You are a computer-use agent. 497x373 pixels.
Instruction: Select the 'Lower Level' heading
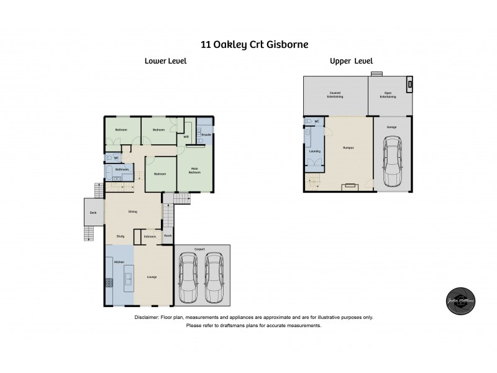click(x=165, y=61)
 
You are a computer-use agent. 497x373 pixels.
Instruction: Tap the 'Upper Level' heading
click(x=351, y=61)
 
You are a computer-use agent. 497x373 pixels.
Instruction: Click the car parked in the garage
click(x=392, y=162)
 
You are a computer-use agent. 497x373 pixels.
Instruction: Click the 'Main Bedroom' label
click(x=194, y=170)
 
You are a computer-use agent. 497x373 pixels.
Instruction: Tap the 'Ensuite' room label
click(x=207, y=134)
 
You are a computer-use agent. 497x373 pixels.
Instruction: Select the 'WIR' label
click(x=186, y=137)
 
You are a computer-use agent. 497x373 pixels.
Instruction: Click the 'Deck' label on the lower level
click(x=94, y=213)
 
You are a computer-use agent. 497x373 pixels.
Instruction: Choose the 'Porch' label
click(x=167, y=236)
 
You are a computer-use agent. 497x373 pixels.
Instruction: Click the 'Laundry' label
click(x=314, y=151)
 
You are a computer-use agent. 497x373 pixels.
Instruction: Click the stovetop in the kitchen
click(x=109, y=283)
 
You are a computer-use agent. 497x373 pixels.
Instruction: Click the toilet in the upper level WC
click(x=309, y=122)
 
